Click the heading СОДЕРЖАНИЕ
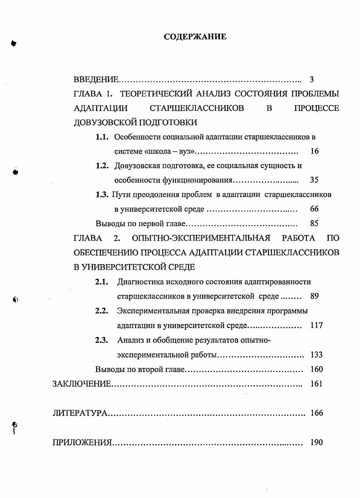point(195,37)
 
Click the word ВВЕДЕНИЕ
point(96,80)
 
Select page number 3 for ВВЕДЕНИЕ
point(311,80)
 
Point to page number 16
point(314,151)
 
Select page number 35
point(314,180)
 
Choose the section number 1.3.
point(102,194)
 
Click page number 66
point(314,209)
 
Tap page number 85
point(314,223)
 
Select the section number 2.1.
point(101,281)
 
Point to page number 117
point(316,325)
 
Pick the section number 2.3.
point(101,340)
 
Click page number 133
point(316,355)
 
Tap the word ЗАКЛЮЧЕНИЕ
point(82,384)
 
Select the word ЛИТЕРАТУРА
point(80,413)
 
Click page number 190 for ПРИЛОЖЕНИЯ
point(316,443)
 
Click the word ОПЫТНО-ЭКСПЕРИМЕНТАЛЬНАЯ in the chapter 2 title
point(201,238)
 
